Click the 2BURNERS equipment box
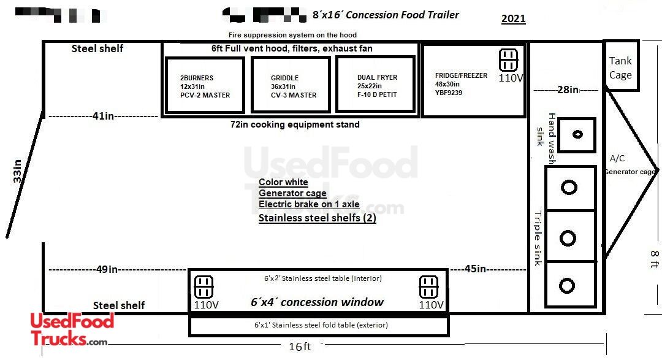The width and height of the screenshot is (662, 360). (205, 85)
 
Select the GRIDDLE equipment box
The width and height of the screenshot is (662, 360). (291, 85)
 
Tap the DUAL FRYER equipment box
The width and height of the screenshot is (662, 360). (375, 85)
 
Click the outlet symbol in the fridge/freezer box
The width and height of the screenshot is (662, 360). (508, 60)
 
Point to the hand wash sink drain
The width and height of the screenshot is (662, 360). (577, 135)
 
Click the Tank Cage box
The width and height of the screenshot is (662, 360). (620, 67)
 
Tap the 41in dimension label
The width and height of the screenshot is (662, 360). (102, 116)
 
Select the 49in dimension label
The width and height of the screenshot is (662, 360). (107, 269)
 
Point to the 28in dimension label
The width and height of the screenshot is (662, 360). (568, 90)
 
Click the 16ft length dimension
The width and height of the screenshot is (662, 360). (299, 347)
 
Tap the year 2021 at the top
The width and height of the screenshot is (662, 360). (513, 18)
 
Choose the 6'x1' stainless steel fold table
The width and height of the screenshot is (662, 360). (319, 326)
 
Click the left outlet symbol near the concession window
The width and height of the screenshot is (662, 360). (204, 286)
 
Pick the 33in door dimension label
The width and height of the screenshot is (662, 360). (18, 171)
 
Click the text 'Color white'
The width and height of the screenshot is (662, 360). (283, 182)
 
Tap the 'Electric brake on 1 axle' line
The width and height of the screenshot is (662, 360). (309, 205)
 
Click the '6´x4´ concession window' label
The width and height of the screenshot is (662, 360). (317, 302)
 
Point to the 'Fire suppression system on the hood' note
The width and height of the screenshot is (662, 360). (292, 35)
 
